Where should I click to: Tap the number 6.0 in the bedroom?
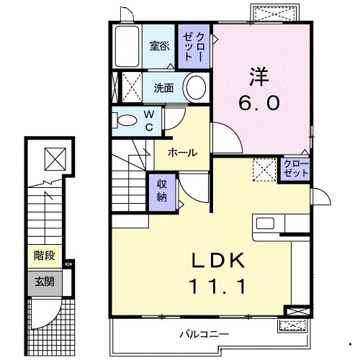coord(259,102)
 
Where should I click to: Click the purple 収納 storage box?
coord(162,191)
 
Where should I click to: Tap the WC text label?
coord(149,120)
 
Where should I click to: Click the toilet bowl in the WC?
coord(127,120)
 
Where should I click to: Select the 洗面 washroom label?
coord(163,89)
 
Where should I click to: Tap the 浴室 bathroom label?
coord(160,45)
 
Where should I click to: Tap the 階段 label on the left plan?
coord(43,254)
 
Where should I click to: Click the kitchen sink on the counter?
coord(263,223)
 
